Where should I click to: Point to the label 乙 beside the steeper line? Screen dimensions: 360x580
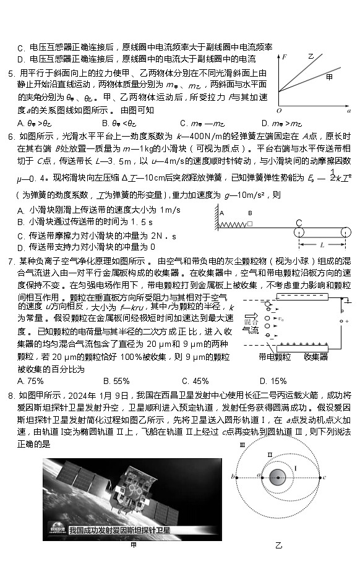(x=311, y=56)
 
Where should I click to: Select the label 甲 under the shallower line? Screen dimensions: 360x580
(x=329, y=77)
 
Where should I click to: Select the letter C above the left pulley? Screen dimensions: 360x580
(x=299, y=223)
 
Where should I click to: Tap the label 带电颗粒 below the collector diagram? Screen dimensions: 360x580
(x=275, y=357)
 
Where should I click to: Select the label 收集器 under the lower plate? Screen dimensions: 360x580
(x=315, y=357)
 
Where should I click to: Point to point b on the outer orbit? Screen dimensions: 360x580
(x=233, y=476)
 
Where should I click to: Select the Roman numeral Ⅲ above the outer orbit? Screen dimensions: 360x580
(x=243, y=444)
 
